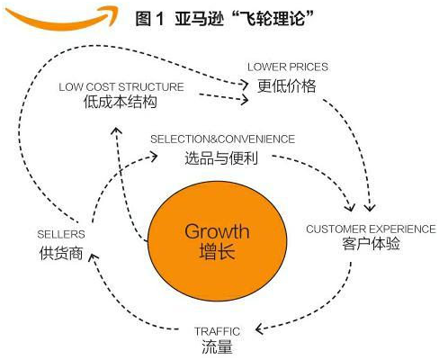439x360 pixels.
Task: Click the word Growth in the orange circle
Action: point(217,231)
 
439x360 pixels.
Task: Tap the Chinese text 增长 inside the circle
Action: point(217,251)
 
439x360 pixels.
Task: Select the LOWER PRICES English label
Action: point(288,67)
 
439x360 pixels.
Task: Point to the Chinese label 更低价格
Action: point(287,86)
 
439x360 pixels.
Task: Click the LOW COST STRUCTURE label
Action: point(121,87)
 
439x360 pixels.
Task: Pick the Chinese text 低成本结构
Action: point(121,102)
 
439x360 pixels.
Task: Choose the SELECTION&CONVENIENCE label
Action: point(223,139)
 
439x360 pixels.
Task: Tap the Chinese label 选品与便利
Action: point(221,158)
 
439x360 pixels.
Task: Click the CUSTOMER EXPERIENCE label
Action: point(371,229)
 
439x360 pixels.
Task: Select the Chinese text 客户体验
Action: point(371,244)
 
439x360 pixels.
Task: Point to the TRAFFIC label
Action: point(217,331)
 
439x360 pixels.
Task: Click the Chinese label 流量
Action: point(217,346)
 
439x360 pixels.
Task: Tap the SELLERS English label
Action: point(61,234)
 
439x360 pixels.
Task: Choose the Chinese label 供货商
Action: point(61,253)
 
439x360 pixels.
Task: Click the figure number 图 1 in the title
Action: point(150,19)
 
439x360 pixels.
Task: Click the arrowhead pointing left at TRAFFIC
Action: point(259,329)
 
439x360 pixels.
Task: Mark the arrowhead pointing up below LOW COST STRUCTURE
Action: point(116,131)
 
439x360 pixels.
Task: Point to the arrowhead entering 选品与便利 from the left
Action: point(154,157)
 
